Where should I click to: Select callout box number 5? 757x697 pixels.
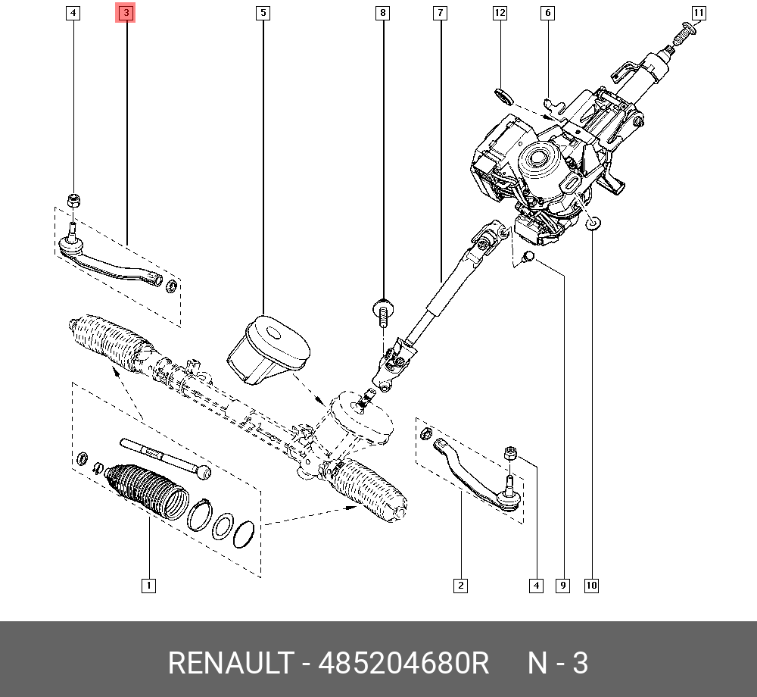point(263,13)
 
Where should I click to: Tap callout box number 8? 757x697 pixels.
point(383,13)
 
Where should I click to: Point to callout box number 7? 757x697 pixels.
point(440,13)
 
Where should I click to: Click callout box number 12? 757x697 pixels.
point(500,13)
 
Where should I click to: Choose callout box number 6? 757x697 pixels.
point(547,13)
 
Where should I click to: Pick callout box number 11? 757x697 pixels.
point(698,13)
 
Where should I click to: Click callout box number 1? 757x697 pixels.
point(149,585)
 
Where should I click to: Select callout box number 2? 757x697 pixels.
point(460,585)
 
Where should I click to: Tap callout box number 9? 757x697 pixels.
point(562,585)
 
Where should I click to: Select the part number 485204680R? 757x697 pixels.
point(404,664)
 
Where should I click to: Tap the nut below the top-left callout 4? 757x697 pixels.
point(74,200)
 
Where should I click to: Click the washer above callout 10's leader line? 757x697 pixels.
point(593,222)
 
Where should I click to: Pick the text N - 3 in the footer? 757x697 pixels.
point(558,664)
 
